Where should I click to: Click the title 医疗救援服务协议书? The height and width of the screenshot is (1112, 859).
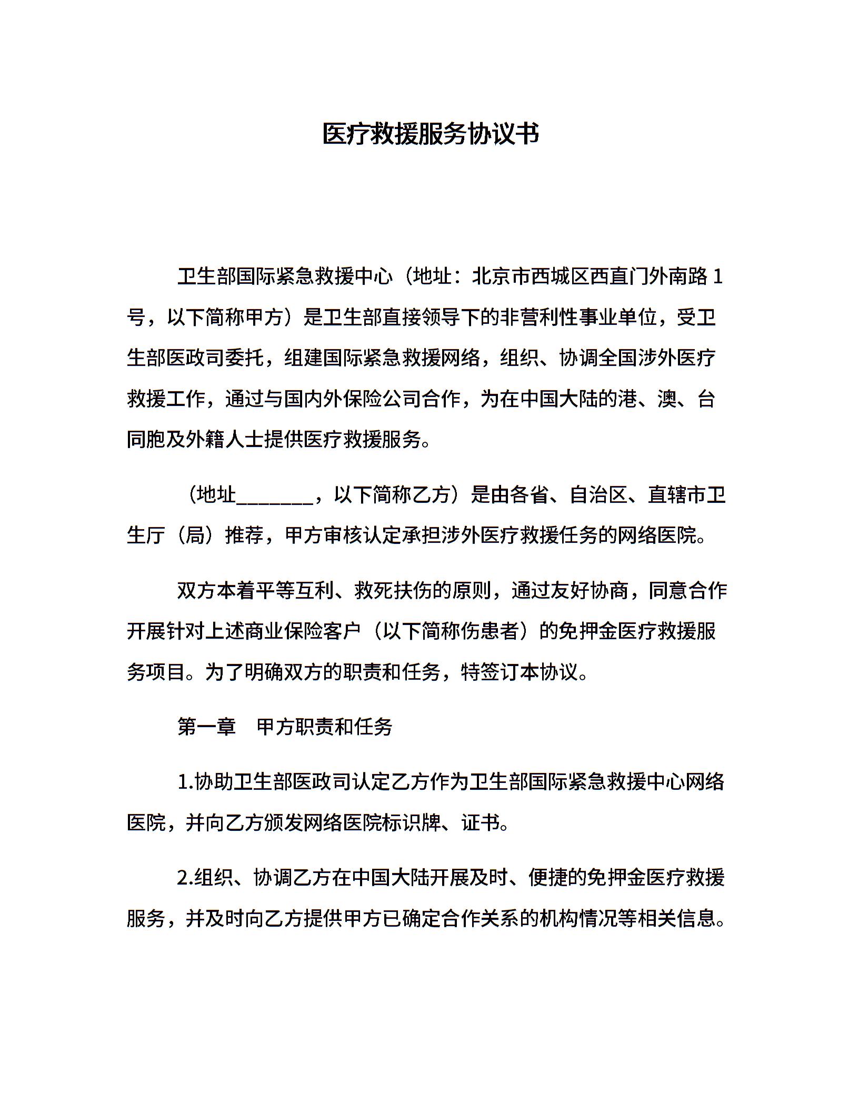pos(430,135)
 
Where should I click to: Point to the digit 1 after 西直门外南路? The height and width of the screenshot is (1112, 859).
pos(718,276)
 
